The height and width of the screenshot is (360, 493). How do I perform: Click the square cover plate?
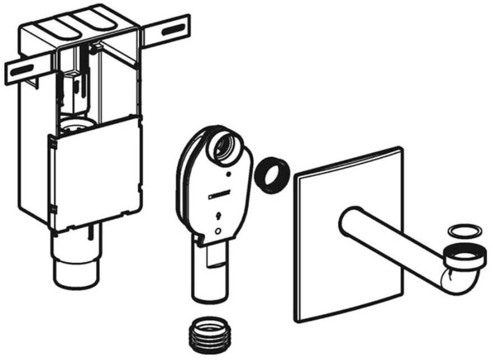[x=347, y=235]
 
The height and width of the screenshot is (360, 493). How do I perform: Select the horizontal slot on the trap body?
[x=216, y=194]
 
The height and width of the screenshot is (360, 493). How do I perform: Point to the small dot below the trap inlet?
[x=228, y=174]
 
